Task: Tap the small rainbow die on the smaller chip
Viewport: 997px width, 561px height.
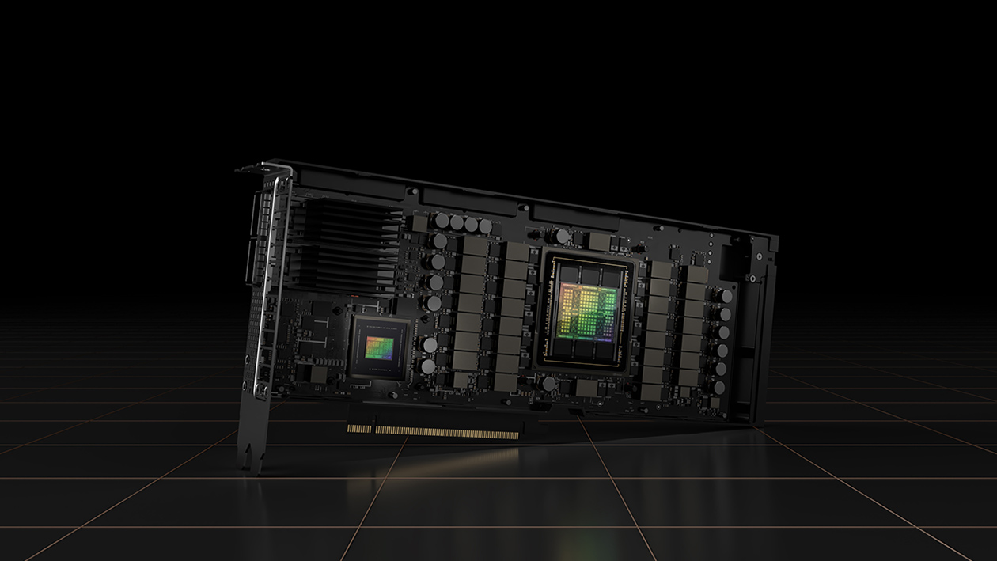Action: (380, 346)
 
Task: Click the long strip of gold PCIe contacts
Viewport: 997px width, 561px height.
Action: (448, 432)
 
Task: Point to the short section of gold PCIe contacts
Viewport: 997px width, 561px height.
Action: (358, 428)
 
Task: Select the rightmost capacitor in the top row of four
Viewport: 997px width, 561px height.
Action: (484, 228)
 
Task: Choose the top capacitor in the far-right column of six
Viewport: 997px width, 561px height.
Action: (725, 295)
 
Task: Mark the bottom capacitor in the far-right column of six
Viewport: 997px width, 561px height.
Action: (719, 388)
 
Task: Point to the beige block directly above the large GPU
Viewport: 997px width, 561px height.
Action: (599, 241)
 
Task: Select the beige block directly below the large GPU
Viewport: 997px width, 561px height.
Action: (587, 387)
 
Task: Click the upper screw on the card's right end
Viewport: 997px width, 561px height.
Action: (757, 256)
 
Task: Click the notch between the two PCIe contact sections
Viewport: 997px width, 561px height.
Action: (372, 430)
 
